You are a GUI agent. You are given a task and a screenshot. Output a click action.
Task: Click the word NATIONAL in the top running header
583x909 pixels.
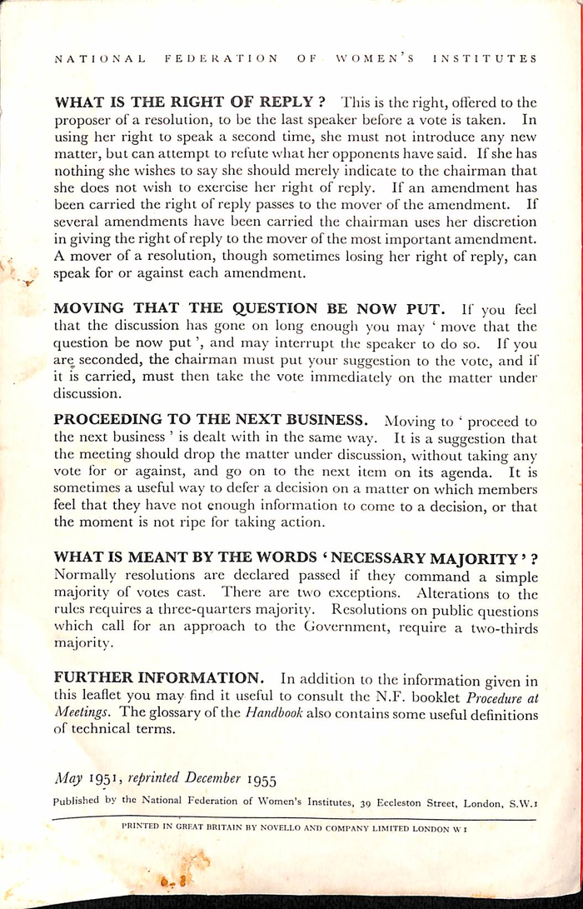click(98, 59)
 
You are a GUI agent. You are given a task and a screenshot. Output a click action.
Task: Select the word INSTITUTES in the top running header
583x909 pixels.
click(485, 59)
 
